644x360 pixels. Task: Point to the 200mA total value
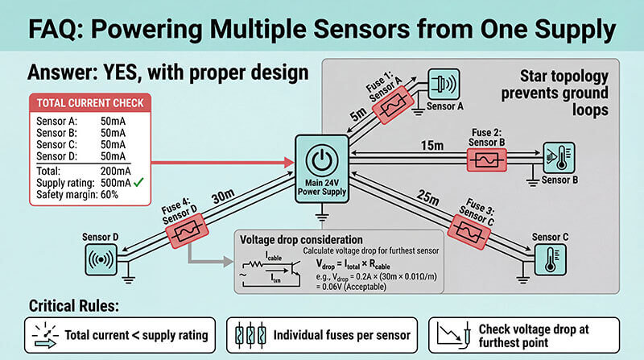116,172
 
